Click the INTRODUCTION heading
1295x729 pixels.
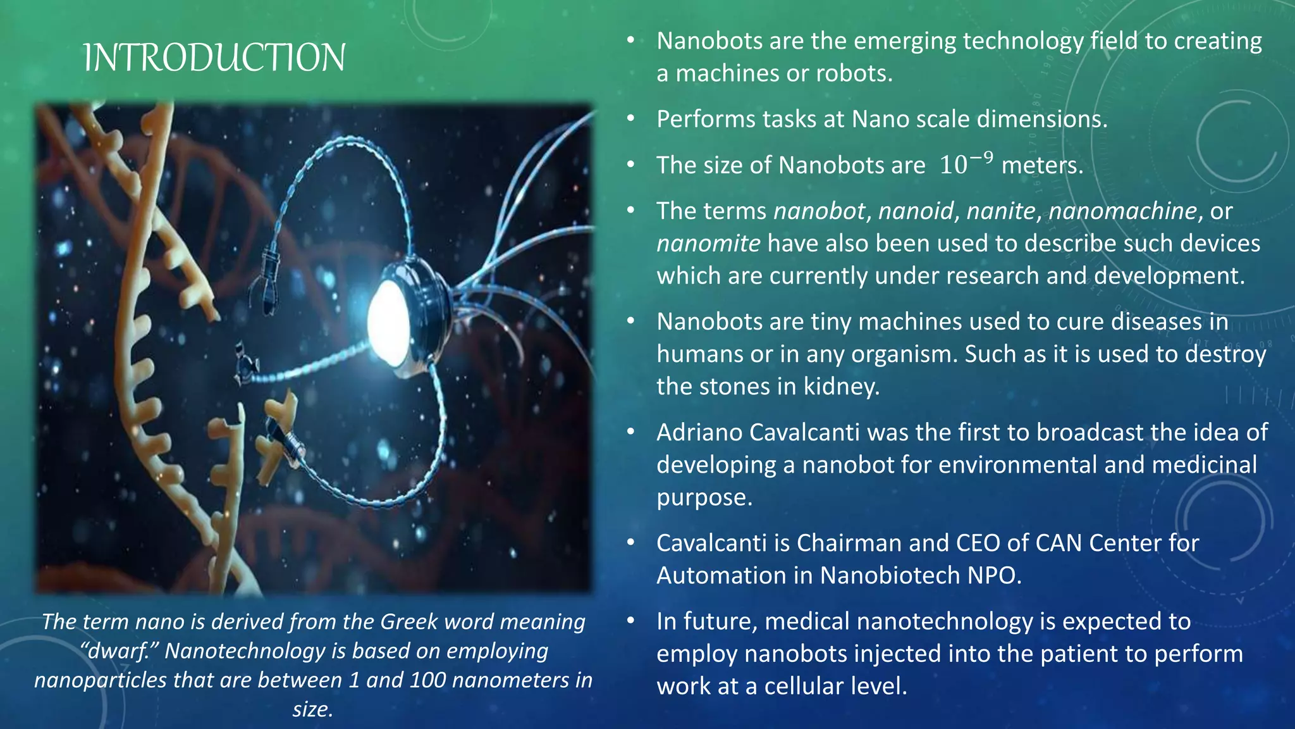click(x=214, y=58)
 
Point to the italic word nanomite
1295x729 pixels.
click(x=708, y=244)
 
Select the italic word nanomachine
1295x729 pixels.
click(x=1122, y=211)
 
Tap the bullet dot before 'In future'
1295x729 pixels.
click(x=630, y=621)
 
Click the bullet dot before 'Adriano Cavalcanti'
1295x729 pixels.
click(x=630, y=432)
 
